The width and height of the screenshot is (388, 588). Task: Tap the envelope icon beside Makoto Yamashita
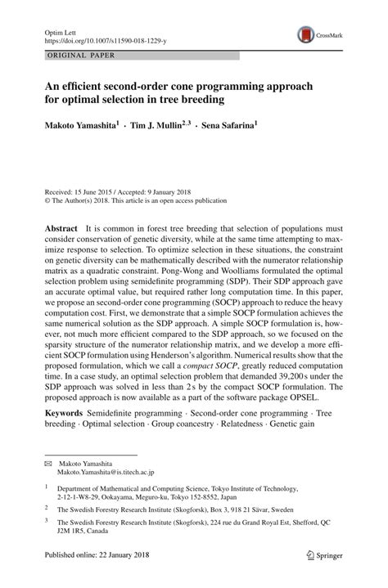click(47, 464)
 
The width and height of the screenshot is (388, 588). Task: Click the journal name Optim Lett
click(56, 29)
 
